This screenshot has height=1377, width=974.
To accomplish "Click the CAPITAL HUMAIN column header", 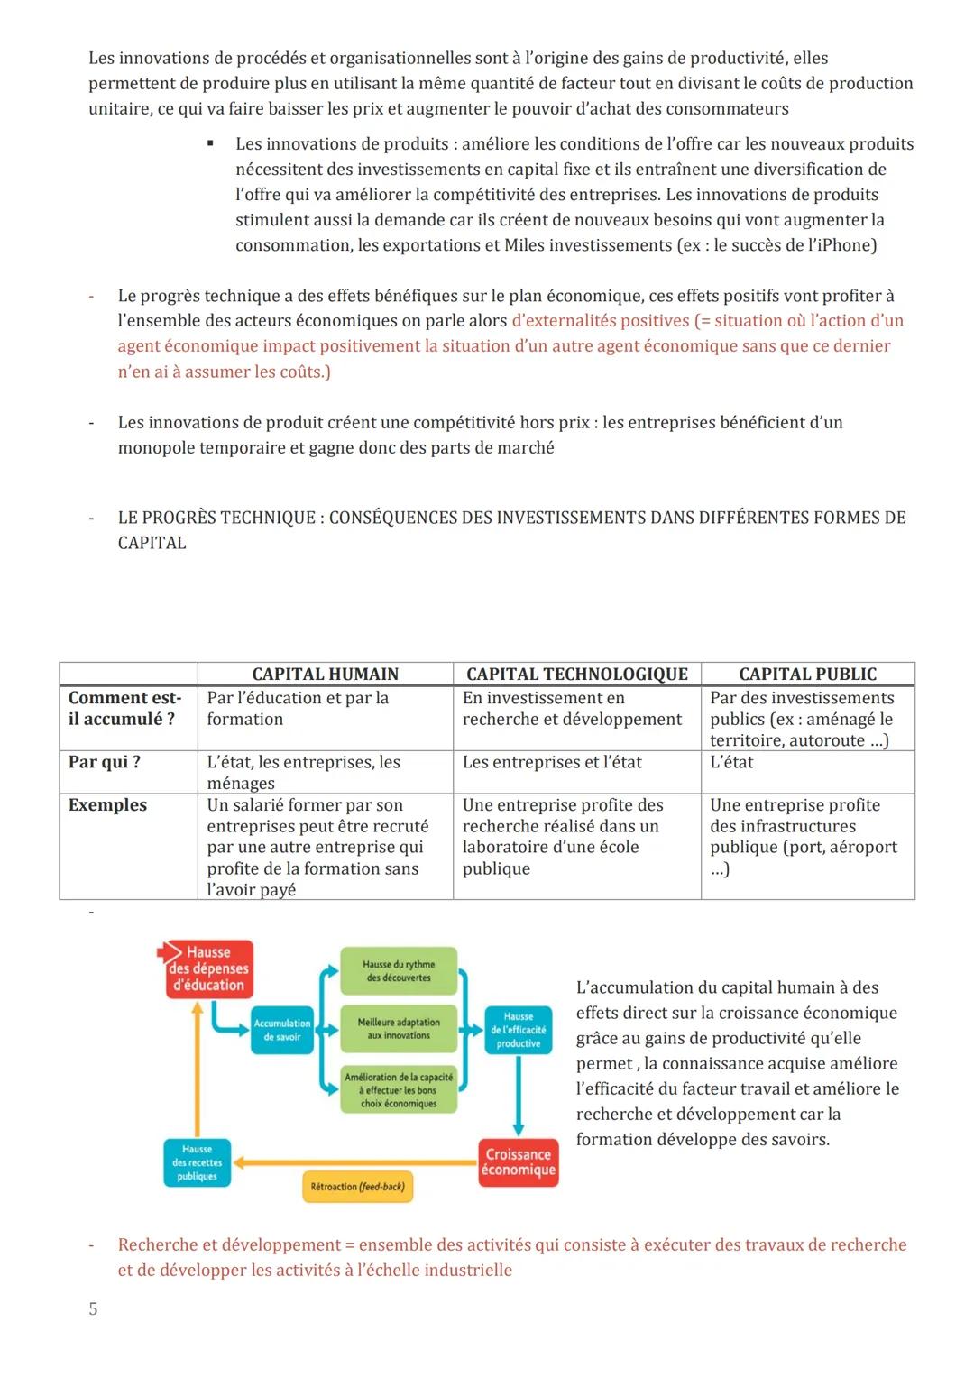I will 325,674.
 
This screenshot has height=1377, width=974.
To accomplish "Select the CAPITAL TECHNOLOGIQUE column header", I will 576,674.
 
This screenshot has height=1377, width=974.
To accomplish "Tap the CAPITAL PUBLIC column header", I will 807,674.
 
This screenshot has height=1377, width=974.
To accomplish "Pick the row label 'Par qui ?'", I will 105,762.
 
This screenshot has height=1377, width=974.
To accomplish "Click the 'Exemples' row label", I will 107,805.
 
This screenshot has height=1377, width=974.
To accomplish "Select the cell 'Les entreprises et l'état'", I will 552,762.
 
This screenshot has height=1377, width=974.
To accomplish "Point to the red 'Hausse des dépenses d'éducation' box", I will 208,968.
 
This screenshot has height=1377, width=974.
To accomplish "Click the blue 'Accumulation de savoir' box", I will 282,1030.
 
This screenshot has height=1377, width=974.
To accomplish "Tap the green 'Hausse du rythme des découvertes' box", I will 399,971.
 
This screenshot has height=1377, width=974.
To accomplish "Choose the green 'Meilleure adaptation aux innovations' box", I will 399,1029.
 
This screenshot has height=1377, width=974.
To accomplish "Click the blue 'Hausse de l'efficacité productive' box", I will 518,1030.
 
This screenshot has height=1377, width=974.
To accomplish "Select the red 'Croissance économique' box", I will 518,1162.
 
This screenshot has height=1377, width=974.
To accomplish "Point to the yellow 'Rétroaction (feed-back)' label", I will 357,1187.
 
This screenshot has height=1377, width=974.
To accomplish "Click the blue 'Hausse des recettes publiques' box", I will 197,1162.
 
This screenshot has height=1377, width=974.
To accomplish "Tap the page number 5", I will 93,1308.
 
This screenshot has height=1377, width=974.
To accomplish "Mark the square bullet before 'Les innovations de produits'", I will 210,143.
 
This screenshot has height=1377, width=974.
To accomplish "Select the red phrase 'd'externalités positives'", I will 600,321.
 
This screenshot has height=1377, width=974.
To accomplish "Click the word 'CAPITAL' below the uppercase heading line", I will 152,543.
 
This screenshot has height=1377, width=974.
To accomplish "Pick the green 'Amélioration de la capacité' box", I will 399,1090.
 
